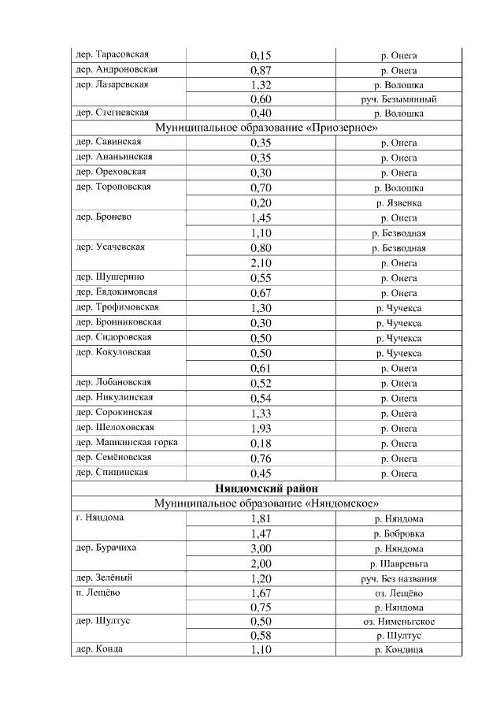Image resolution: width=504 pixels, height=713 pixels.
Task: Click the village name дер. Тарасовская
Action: click(x=112, y=54)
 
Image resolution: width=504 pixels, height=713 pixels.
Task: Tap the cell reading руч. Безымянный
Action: click(x=398, y=99)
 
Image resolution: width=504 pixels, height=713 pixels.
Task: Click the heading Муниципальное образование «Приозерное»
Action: click(x=266, y=128)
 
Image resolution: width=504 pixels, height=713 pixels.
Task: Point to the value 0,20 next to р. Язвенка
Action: click(x=261, y=202)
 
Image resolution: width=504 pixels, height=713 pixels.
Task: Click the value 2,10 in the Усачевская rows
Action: click(x=261, y=262)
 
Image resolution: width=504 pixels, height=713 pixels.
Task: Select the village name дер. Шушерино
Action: click(x=109, y=277)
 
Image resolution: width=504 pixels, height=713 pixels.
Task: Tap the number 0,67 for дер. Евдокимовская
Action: click(x=261, y=293)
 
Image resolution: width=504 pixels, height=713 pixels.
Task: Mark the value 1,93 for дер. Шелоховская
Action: click(x=261, y=429)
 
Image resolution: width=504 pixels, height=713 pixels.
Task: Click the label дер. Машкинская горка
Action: click(x=126, y=443)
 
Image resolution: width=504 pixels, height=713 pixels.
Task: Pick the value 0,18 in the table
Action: click(x=261, y=444)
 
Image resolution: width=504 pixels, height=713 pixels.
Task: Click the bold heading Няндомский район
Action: click(x=266, y=489)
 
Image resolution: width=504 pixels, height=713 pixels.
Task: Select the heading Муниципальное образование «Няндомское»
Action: click(x=266, y=503)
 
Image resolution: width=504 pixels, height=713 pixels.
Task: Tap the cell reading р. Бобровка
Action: click(x=398, y=534)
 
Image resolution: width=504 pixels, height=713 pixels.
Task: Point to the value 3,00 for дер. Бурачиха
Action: click(x=261, y=549)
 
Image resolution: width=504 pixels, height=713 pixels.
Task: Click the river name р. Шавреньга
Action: click(x=398, y=564)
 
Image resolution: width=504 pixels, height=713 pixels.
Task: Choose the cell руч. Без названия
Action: click(x=398, y=579)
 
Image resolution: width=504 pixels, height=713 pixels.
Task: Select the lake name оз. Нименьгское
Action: click(x=398, y=621)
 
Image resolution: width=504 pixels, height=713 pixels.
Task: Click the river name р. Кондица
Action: click(x=398, y=650)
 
